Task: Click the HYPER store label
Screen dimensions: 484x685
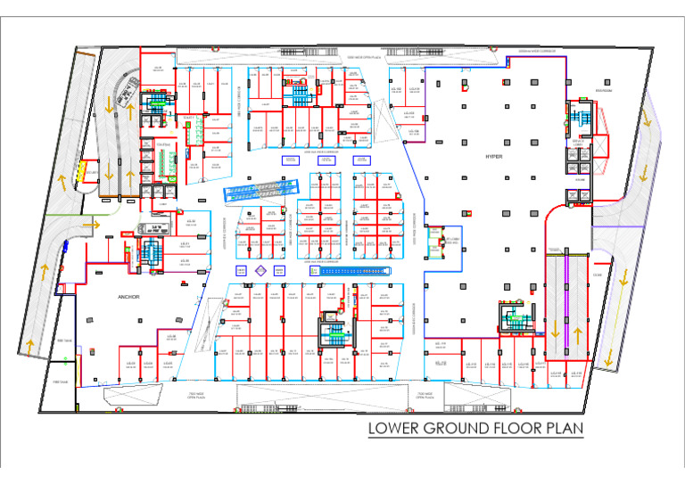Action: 493,156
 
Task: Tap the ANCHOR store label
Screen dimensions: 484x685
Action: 128,296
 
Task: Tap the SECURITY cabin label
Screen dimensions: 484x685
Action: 92,173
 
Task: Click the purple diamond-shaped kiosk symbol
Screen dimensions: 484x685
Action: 261,270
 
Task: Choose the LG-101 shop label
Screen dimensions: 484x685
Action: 413,89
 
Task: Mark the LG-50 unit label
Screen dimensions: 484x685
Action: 186,261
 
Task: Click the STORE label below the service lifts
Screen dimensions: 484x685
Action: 579,179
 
